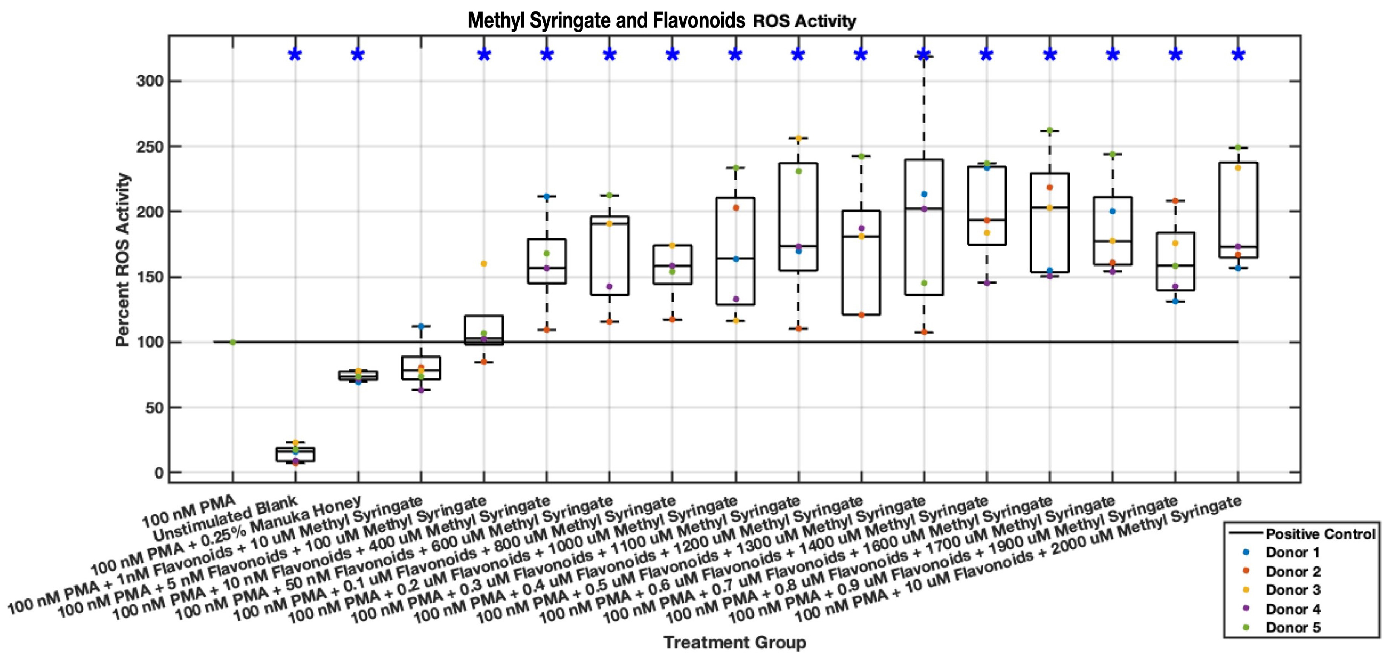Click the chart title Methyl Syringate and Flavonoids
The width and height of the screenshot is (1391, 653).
coord(606,20)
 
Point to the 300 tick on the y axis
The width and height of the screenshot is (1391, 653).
coord(150,81)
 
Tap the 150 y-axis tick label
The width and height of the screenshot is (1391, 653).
coord(150,278)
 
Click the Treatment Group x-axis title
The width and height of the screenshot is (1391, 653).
coord(734,642)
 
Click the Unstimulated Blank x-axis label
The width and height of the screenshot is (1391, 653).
coord(226,519)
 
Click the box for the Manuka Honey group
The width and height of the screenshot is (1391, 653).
coord(358,375)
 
